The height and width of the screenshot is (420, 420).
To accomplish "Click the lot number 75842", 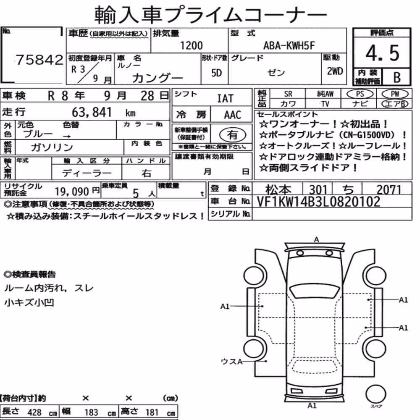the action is click(39, 60).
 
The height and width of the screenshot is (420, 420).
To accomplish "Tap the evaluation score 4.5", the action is click(382, 53).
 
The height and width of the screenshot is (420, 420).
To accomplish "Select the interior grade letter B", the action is click(397, 77).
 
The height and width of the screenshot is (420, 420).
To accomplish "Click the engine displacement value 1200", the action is click(191, 45).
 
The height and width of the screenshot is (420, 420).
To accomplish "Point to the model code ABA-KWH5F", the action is click(289, 45).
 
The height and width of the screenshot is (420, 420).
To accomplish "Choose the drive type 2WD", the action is click(335, 71).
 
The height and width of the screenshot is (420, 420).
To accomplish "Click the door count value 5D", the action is click(216, 73).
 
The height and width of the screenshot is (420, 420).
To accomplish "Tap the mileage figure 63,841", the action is click(92, 112).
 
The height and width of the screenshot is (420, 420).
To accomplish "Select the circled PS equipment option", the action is click(360, 94).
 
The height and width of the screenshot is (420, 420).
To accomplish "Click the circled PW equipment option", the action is click(395, 94).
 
